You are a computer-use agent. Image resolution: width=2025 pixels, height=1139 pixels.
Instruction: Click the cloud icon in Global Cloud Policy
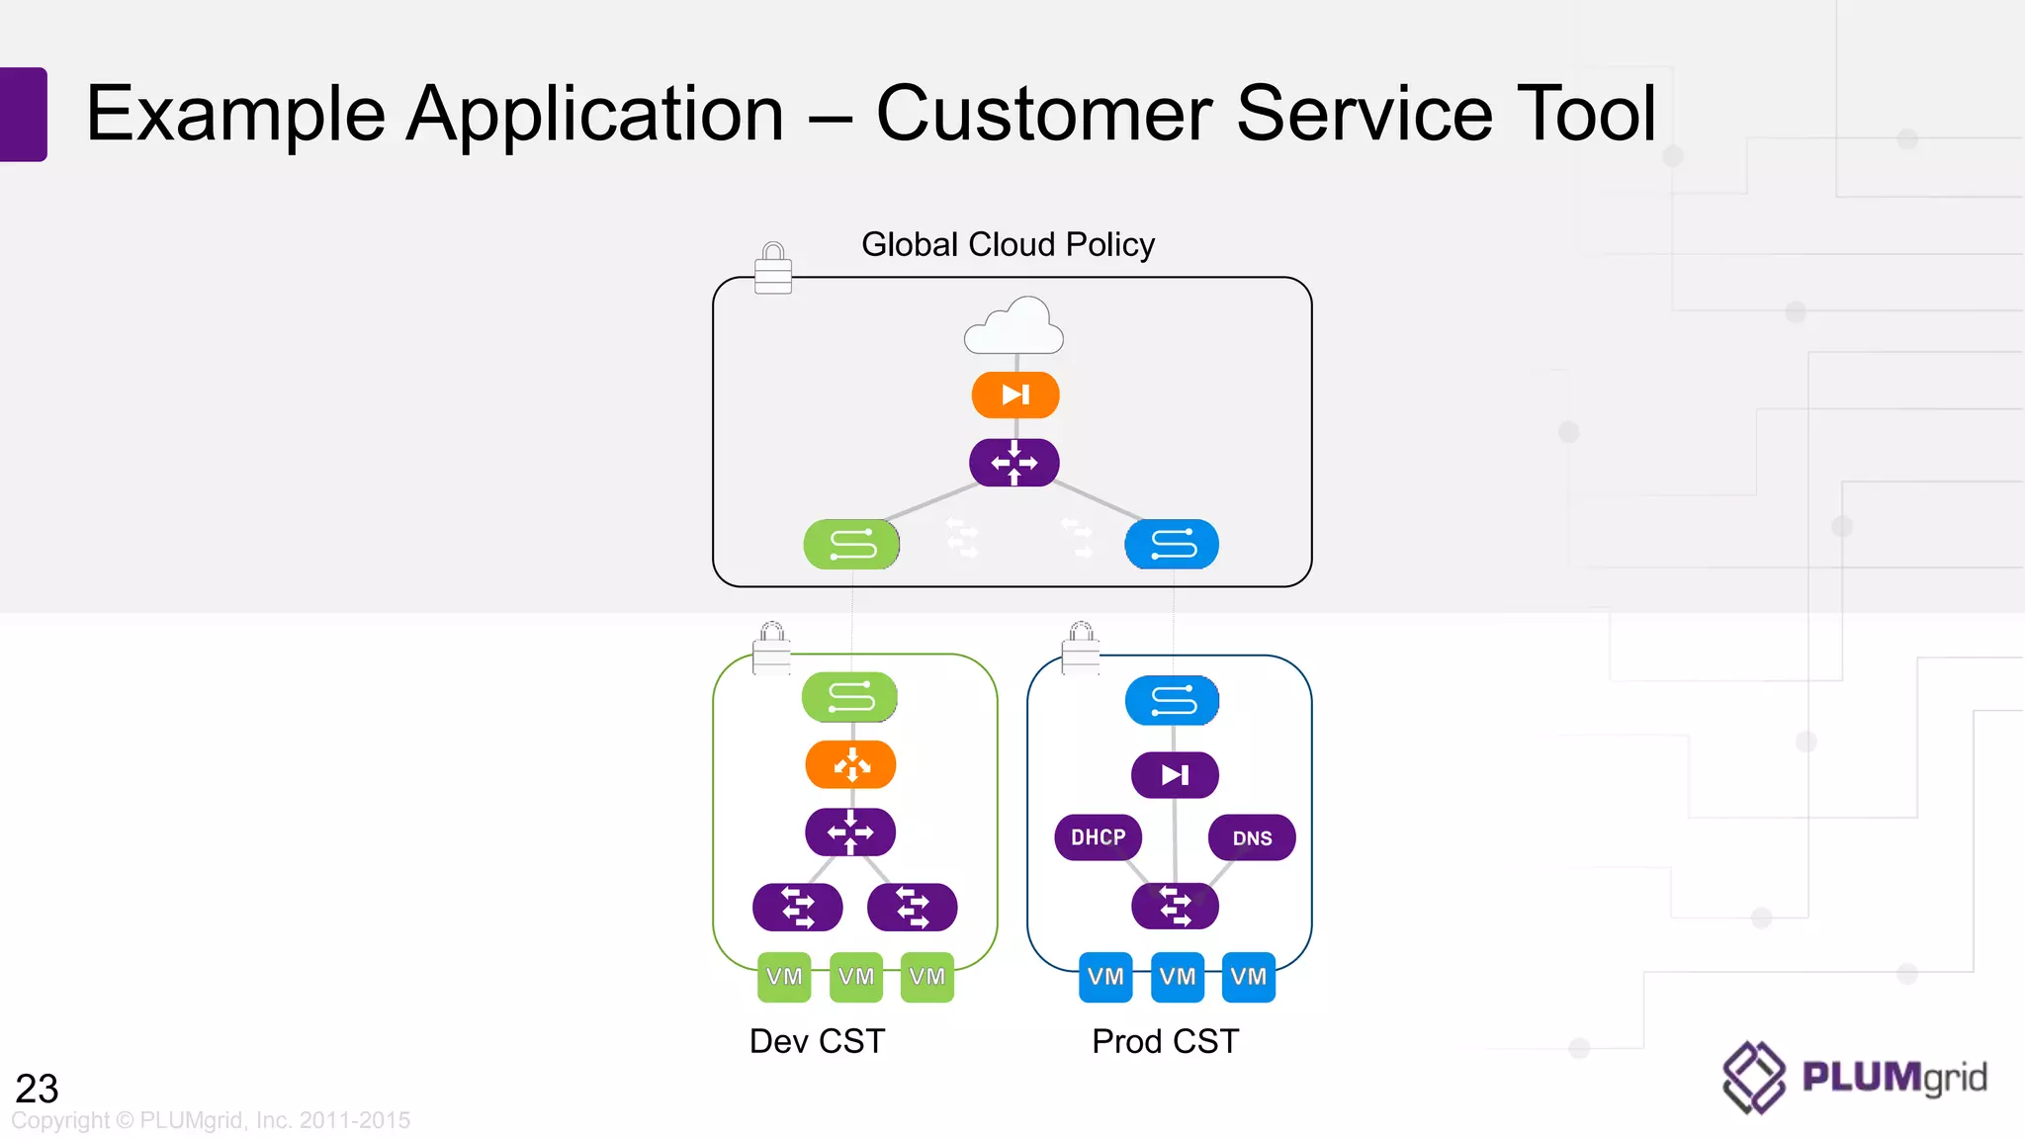(1013, 327)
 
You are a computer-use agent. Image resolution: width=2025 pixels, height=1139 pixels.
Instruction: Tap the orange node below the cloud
(1015, 395)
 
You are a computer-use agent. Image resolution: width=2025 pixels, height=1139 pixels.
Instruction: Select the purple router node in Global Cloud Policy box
(1014, 463)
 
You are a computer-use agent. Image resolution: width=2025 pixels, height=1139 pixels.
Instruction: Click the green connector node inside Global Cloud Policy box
(851, 545)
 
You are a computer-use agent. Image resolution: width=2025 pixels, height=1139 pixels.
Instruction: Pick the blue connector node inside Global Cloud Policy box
(1172, 545)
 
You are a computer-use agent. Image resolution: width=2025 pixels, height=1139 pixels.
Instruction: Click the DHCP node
(1098, 837)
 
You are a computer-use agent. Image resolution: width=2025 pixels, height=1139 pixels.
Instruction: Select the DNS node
(1252, 838)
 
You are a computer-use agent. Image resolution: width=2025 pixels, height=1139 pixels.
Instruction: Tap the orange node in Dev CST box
(850, 765)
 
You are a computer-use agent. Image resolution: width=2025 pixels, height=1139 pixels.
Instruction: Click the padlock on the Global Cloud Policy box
(773, 269)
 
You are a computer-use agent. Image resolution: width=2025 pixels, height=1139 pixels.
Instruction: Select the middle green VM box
(856, 977)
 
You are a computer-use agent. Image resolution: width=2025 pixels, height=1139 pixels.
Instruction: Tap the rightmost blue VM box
(1249, 977)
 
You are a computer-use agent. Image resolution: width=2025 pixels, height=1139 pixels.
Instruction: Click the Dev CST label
(817, 1041)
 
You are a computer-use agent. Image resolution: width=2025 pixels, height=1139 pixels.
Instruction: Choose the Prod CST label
(1165, 1041)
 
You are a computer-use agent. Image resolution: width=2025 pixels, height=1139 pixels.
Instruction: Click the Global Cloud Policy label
(1008, 244)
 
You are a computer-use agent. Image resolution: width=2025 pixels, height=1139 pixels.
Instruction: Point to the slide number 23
(38, 1089)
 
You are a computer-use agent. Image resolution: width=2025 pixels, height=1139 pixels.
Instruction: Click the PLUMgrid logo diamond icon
(1754, 1077)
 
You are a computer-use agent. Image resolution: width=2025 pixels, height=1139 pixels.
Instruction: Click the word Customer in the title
(1044, 114)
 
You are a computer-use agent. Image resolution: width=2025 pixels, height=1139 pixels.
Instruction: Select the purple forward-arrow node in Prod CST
(1175, 775)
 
